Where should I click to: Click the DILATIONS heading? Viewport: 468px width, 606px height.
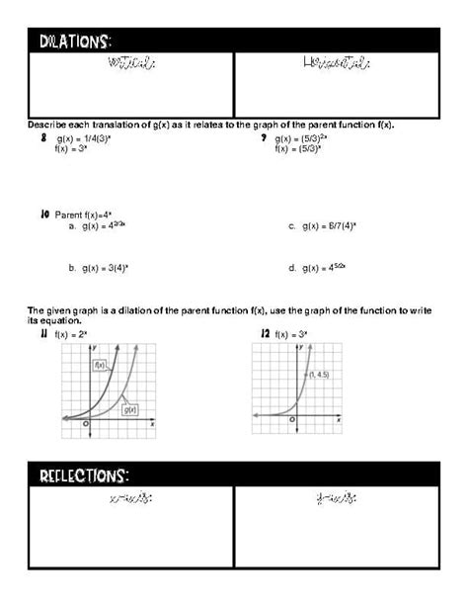coord(75,41)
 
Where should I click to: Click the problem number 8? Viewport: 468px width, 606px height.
coord(44,139)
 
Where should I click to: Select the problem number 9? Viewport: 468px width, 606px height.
coord(264,139)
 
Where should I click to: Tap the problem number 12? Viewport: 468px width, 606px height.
coord(265,334)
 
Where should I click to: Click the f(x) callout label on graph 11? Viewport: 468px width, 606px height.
coord(100,365)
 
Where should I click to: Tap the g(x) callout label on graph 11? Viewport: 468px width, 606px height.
coord(128,408)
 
